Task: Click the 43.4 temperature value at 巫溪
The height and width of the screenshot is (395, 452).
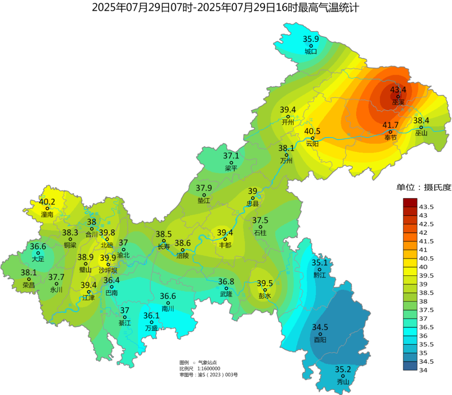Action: click(398, 90)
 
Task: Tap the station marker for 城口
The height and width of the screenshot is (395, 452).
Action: click(311, 46)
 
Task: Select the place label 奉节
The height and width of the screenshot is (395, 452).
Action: click(390, 138)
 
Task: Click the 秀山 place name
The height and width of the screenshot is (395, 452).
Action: click(343, 382)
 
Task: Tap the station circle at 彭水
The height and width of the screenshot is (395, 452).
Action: click(265, 290)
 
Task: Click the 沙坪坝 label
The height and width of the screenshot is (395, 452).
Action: click(108, 270)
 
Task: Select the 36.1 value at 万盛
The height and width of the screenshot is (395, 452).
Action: click(151, 315)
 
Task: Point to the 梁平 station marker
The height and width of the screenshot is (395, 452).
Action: click(231, 163)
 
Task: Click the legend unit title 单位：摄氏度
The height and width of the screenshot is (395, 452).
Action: click(424, 187)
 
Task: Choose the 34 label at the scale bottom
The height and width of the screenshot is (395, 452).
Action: click(423, 370)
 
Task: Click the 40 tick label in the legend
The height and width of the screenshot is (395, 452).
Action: click(423, 267)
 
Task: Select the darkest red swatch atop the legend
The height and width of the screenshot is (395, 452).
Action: click(410, 203)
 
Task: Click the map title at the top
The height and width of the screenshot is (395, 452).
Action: click(226, 8)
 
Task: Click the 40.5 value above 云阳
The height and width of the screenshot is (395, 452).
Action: click(312, 131)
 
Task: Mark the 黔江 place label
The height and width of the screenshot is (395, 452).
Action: click(319, 275)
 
